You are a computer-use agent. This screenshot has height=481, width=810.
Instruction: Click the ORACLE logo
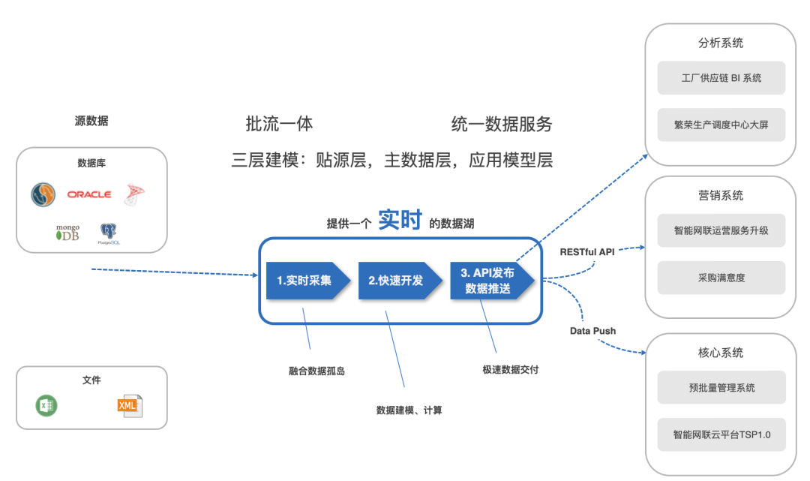point(88,194)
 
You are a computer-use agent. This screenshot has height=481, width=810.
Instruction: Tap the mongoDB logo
point(67,233)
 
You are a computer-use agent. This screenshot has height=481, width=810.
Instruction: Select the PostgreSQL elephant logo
point(109,233)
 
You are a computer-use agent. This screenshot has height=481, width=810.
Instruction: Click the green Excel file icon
point(46,406)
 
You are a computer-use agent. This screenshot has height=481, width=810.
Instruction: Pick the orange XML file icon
point(129,406)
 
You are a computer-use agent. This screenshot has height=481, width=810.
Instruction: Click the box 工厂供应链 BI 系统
point(721,78)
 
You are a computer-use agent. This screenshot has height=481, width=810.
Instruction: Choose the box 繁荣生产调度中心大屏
point(721,125)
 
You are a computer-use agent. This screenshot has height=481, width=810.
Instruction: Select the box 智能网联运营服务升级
point(721,230)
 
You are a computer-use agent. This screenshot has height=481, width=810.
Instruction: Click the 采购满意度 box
point(721,278)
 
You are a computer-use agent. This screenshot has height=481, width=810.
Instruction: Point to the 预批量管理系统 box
point(721,387)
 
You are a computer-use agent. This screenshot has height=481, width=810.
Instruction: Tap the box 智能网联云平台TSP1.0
point(721,434)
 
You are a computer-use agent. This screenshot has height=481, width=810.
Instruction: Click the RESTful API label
point(587,252)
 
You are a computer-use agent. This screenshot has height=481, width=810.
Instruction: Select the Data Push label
point(592,330)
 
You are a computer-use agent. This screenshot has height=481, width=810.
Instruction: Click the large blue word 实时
point(401,219)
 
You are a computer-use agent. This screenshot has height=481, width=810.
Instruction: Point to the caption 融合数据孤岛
point(316,371)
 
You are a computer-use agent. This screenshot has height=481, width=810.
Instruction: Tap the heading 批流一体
point(279,124)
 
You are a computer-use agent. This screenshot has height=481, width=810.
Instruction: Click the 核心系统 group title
point(721,353)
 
